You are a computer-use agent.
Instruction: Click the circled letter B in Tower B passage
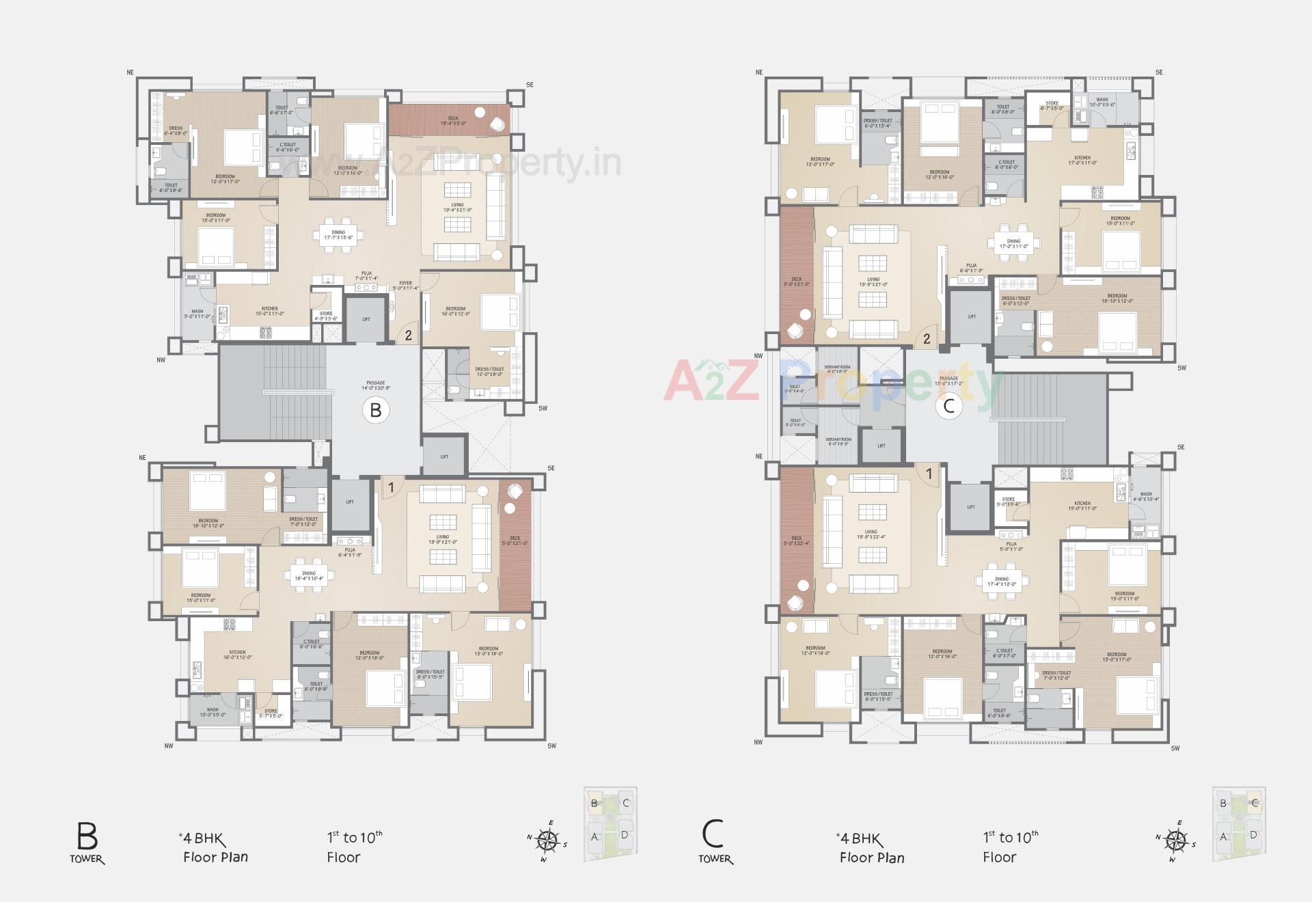(x=375, y=410)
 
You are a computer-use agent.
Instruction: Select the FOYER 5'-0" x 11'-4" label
(x=406, y=286)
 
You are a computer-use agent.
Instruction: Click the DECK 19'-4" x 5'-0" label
(x=453, y=121)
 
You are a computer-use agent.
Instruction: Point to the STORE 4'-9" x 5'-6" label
(x=326, y=316)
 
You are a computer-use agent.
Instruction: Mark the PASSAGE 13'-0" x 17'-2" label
(x=948, y=381)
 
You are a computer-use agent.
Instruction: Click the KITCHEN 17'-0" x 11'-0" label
(x=1082, y=160)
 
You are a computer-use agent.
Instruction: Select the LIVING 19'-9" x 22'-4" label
(x=871, y=534)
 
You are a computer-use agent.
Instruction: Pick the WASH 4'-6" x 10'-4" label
(x=1146, y=496)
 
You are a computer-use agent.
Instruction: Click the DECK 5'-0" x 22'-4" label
(x=796, y=541)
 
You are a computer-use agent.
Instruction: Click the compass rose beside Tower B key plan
(x=547, y=839)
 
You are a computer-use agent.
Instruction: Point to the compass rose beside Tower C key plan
(x=1175, y=839)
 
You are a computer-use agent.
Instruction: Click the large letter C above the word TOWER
(x=713, y=834)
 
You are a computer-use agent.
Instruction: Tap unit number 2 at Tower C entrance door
(x=927, y=338)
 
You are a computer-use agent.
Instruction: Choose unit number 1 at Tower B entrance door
(x=391, y=487)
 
